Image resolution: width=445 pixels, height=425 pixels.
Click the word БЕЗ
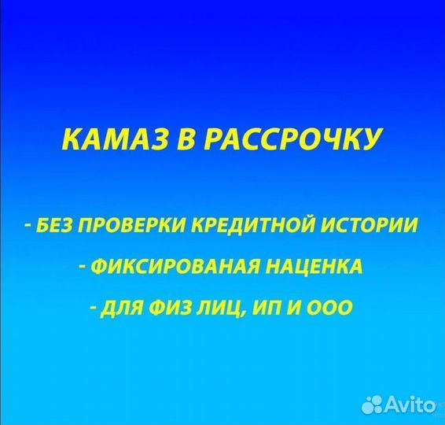pos(52,226)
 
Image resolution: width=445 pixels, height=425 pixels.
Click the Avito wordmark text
pos(410,405)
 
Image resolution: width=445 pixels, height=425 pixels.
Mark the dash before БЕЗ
pos(28,227)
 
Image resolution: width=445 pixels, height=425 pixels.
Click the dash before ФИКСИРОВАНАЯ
pos(83,267)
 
